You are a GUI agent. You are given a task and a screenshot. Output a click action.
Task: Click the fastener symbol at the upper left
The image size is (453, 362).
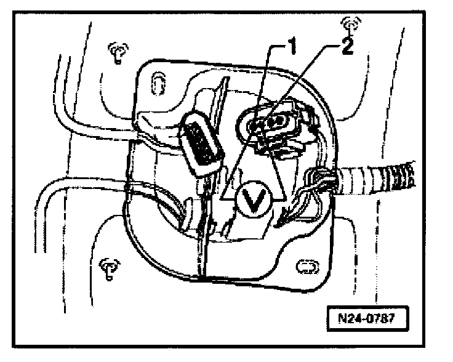[117, 54]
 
